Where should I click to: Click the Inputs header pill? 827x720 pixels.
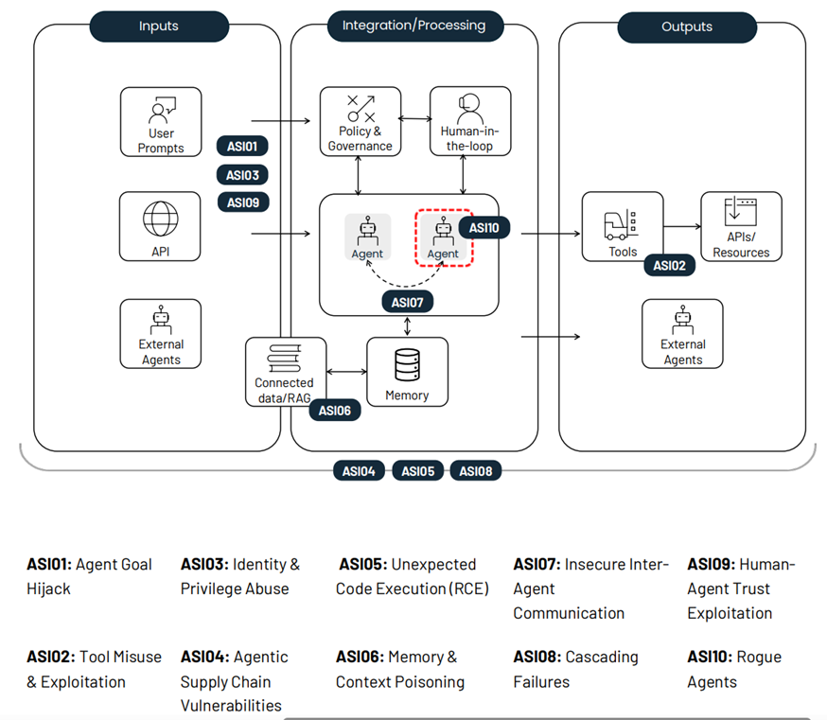159,26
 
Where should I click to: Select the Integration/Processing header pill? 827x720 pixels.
413,26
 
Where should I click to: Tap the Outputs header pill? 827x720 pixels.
686,26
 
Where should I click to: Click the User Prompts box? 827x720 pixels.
161,121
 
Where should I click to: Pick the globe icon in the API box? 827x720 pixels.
161,219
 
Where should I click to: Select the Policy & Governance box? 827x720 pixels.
360,121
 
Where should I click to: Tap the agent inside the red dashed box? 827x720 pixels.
443,237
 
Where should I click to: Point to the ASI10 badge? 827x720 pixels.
484,228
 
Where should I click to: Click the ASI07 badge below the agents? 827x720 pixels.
408,302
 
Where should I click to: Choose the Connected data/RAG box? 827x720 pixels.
284,371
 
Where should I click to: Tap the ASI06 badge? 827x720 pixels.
335,411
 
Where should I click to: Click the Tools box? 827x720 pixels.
623,227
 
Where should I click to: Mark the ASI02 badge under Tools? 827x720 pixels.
669,266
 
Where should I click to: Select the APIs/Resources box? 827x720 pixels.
741,226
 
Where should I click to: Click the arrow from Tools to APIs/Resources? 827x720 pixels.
681,227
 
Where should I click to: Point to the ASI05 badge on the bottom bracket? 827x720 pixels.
417,470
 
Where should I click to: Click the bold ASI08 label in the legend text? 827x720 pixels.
537,657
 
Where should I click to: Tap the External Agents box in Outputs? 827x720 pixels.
682,333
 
